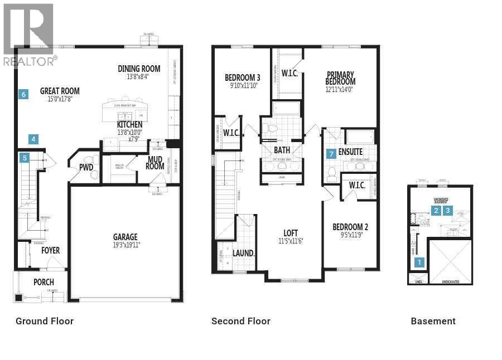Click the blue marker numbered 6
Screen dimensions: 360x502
pos(23,94)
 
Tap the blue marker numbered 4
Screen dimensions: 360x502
pos(33,139)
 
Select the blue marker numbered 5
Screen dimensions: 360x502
pos(24,158)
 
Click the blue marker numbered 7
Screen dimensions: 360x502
pos(331,153)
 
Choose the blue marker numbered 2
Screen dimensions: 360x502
pos(436,210)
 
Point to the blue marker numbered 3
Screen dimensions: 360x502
pos(447,210)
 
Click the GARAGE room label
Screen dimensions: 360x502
pos(125,237)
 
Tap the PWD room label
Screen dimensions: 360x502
pos(86,167)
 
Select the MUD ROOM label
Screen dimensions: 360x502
pos(155,162)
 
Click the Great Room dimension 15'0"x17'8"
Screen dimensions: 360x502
pos(60,99)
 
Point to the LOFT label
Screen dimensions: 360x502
pos(290,233)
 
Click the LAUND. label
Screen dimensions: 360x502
pos(244,253)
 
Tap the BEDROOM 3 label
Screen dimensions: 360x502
pos(242,77)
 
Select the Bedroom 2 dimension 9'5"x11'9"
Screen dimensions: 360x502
pos(350,235)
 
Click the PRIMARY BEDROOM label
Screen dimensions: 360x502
pos(341,78)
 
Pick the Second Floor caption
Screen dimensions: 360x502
pos(240,321)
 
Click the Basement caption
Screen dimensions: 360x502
pos(433,321)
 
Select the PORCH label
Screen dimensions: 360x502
pos(44,282)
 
